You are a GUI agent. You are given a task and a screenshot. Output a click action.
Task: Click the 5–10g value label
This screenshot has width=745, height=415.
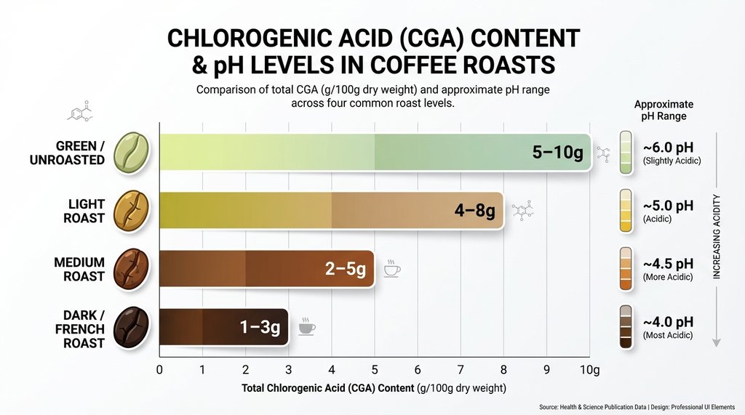pyautogui.click(x=558, y=153)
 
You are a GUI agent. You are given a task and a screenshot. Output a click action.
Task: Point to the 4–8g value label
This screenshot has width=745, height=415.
pyautogui.click(x=474, y=211)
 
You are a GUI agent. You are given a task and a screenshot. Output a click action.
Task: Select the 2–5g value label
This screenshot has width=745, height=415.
pyautogui.click(x=346, y=269)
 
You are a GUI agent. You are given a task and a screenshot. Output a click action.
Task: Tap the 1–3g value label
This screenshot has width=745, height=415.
pyautogui.click(x=260, y=328)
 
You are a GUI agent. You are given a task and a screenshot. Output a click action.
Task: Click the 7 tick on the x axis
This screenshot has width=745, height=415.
pyautogui.click(x=460, y=368)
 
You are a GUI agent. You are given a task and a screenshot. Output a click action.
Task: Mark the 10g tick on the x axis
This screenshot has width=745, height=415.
pyautogui.click(x=589, y=368)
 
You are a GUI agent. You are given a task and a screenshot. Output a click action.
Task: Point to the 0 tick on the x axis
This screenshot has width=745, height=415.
pyautogui.click(x=160, y=368)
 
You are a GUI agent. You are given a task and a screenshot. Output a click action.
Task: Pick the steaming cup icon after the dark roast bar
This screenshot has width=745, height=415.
pyautogui.click(x=307, y=326)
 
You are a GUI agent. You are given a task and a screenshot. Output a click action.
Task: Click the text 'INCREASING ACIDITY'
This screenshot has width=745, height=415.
pyautogui.click(x=716, y=237)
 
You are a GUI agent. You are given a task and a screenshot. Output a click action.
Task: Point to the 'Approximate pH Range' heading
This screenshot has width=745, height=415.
pyautogui.click(x=664, y=110)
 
